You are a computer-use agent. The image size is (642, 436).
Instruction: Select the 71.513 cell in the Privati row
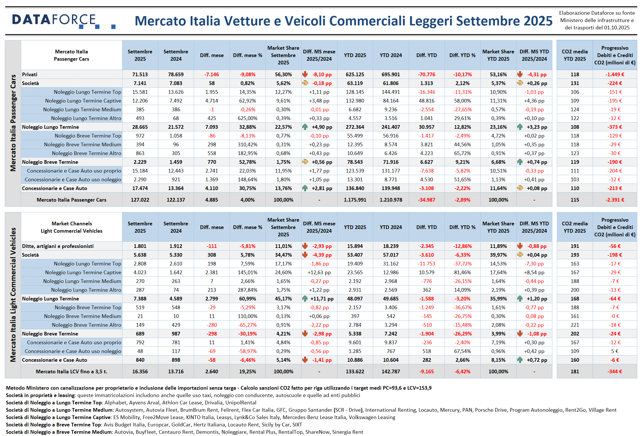140,75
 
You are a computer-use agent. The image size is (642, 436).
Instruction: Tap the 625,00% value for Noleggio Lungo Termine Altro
247,118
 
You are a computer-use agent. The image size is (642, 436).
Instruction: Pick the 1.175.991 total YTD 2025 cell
355,200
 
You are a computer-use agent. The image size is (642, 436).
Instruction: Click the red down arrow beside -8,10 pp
305,74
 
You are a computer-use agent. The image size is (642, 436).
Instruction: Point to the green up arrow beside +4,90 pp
305,127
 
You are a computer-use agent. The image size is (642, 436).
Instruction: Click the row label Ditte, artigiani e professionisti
58,246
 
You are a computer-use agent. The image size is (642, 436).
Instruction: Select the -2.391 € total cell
615,200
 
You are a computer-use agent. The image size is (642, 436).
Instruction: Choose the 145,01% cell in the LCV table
247,272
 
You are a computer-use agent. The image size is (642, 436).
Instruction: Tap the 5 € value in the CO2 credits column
615,351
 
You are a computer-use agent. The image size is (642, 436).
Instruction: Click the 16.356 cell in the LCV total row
140,372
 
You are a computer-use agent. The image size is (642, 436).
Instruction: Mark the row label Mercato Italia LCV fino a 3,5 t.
71,372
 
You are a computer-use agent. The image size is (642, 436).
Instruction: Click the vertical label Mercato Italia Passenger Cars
13,123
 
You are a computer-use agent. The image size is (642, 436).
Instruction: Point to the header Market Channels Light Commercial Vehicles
72,227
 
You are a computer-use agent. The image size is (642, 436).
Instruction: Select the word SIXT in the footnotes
297,425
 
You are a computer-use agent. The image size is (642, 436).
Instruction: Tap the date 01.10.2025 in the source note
617,28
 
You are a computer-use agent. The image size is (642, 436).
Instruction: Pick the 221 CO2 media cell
575,325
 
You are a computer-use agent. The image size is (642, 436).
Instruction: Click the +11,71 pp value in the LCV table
322,299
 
